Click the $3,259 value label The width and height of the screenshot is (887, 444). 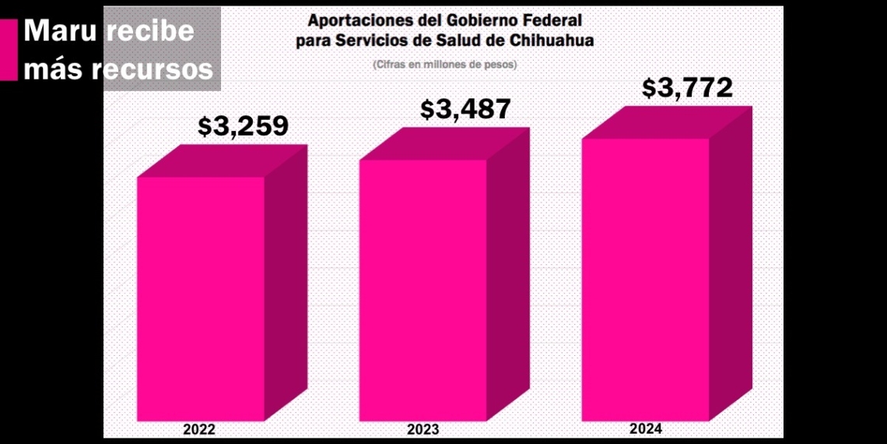click(x=243, y=125)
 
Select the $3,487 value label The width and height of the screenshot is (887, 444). click(x=465, y=109)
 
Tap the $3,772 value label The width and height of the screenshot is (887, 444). click(x=687, y=88)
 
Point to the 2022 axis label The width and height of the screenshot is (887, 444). click(x=199, y=429)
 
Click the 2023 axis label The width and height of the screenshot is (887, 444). click(x=423, y=429)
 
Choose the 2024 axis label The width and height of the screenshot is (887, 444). click(x=646, y=428)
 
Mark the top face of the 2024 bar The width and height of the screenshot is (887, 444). click(x=668, y=122)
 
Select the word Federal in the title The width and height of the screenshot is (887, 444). click(x=553, y=19)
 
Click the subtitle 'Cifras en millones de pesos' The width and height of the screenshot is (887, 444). click(x=444, y=63)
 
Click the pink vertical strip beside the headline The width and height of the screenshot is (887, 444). click(x=9, y=50)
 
